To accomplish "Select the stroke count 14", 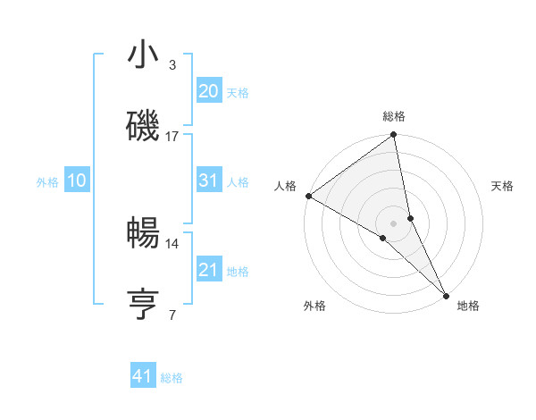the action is pos(172,243).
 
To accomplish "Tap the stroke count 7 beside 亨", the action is pos(172,315).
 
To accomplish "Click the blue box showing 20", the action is pos(208,91).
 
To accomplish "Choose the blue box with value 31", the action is pos(208,181).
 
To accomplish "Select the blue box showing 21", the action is pos(208,270).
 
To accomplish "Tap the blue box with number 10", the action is pos(76,181).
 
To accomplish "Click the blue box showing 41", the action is pos(143,376).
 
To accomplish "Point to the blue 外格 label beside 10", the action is pos(47,182).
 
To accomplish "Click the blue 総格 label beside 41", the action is pos(172,378).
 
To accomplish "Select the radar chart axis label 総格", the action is pos(394,116).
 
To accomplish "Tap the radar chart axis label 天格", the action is pos(502,186).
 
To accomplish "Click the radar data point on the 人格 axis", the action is pos(308,196).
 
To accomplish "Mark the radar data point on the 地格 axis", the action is pos(446,294).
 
